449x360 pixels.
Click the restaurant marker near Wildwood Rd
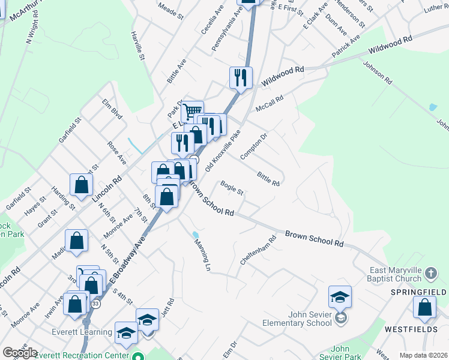pos(241,77)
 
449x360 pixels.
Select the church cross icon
pos(430,274)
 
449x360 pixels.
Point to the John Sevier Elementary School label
pos(297,319)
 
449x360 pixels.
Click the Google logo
pos(20,353)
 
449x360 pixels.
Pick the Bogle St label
pos(232,188)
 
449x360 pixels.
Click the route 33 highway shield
pos(95,304)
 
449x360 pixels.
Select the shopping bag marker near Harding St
pos(81,185)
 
